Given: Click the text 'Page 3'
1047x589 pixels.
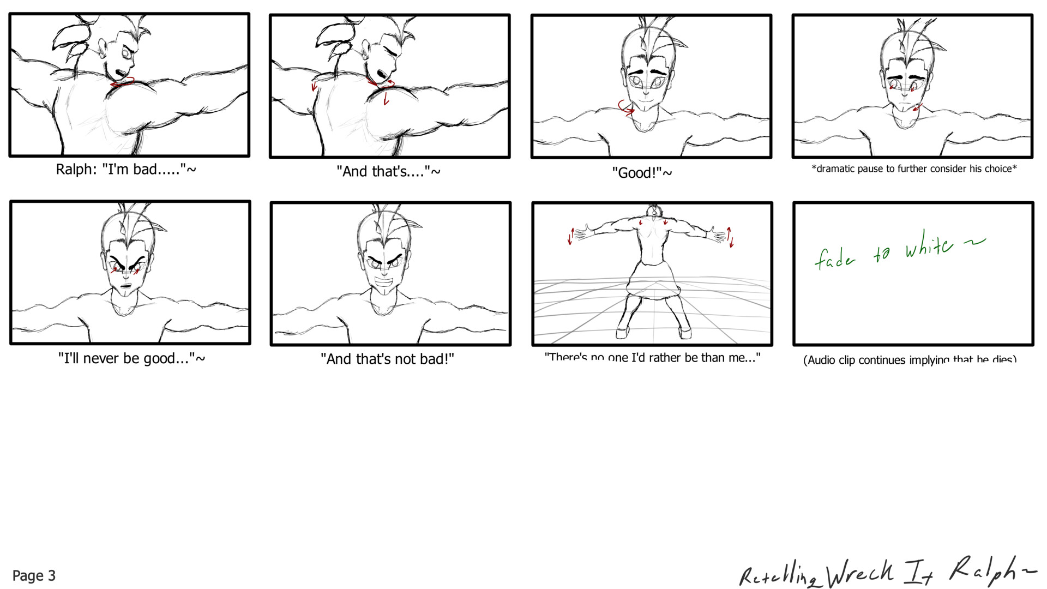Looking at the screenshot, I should (x=34, y=575).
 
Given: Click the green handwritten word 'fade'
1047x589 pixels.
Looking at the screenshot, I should (x=835, y=259).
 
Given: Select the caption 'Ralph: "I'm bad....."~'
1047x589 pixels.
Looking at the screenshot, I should (x=126, y=169).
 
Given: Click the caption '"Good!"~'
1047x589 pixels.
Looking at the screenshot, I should (x=642, y=173).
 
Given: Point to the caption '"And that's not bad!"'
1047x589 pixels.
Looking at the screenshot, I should (x=387, y=359).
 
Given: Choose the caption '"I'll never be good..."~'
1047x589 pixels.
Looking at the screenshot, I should (x=131, y=358).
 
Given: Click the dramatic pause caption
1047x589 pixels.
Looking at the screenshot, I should (x=914, y=169).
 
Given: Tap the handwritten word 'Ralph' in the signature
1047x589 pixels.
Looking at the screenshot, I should (x=982, y=569).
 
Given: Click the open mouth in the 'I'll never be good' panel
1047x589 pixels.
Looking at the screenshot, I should (x=126, y=286).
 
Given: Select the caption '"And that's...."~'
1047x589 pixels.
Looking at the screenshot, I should (x=388, y=171).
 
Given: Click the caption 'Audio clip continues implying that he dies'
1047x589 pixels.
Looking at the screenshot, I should (x=910, y=359).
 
